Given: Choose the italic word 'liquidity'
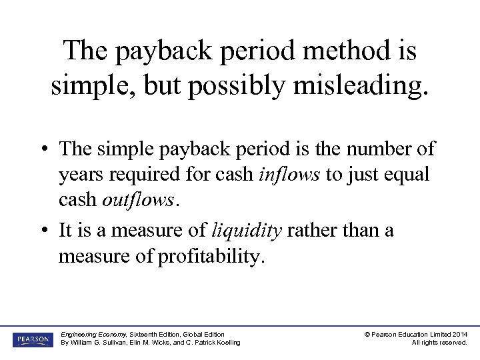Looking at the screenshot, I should pos(245,230).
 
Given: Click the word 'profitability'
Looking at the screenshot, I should pos(211,256).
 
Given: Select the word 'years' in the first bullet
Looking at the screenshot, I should pos(80,175).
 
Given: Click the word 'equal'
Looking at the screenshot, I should pos(409,175).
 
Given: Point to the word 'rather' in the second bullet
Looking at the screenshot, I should pos(313,230).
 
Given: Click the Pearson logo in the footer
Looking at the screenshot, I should pos(33,338).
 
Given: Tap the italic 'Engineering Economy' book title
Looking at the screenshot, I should pos(91,334).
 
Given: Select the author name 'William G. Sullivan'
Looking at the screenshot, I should pos(100,343).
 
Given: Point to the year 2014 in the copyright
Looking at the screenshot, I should pos(459,334).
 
